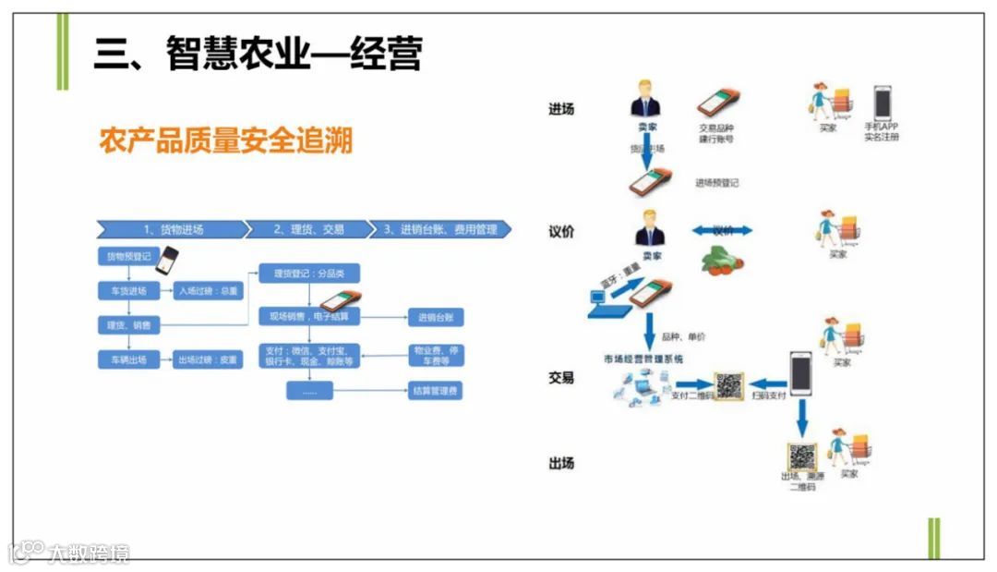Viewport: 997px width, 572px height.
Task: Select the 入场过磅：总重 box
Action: [x=208, y=291]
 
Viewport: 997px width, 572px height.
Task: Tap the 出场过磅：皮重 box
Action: [x=208, y=359]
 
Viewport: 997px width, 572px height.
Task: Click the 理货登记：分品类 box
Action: [x=308, y=274]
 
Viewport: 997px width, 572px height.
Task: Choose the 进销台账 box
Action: [x=435, y=318]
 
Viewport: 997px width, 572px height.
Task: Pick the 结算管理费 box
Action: [x=435, y=391]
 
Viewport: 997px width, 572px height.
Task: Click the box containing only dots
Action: [x=308, y=391]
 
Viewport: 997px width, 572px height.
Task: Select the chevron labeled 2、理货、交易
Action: [x=308, y=229]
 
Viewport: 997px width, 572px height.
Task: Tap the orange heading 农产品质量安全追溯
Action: [x=226, y=141]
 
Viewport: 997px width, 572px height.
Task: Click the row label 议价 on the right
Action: [x=561, y=231]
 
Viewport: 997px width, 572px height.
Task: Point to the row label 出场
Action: [x=561, y=462]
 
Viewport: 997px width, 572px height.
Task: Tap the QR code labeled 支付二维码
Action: [x=728, y=385]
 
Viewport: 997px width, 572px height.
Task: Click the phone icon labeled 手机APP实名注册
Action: [x=883, y=103]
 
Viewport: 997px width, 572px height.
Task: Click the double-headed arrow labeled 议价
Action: [x=722, y=230]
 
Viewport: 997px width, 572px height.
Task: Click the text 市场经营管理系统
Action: [x=643, y=358]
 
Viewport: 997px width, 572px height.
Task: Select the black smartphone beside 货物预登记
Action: [x=167, y=261]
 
